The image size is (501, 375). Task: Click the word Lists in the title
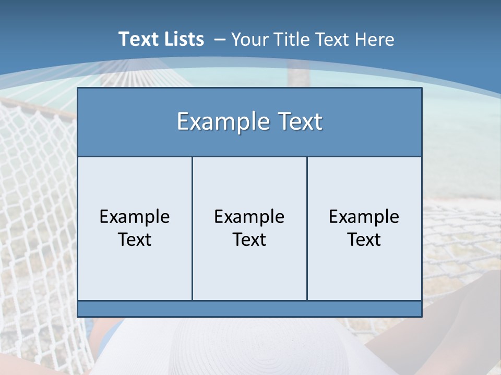pos(181,39)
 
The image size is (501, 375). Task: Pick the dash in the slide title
pos(219,40)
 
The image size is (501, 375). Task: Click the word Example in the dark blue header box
pos(223,122)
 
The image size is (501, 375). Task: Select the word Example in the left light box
pos(135,217)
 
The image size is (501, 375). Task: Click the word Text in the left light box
pos(135,240)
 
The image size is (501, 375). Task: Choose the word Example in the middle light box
pos(249,217)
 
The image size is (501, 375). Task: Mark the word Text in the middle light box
pos(249,240)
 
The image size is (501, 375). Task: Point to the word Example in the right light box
pos(364,217)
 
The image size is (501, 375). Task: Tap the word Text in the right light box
pos(364,240)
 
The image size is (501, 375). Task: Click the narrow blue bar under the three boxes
pos(249,308)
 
